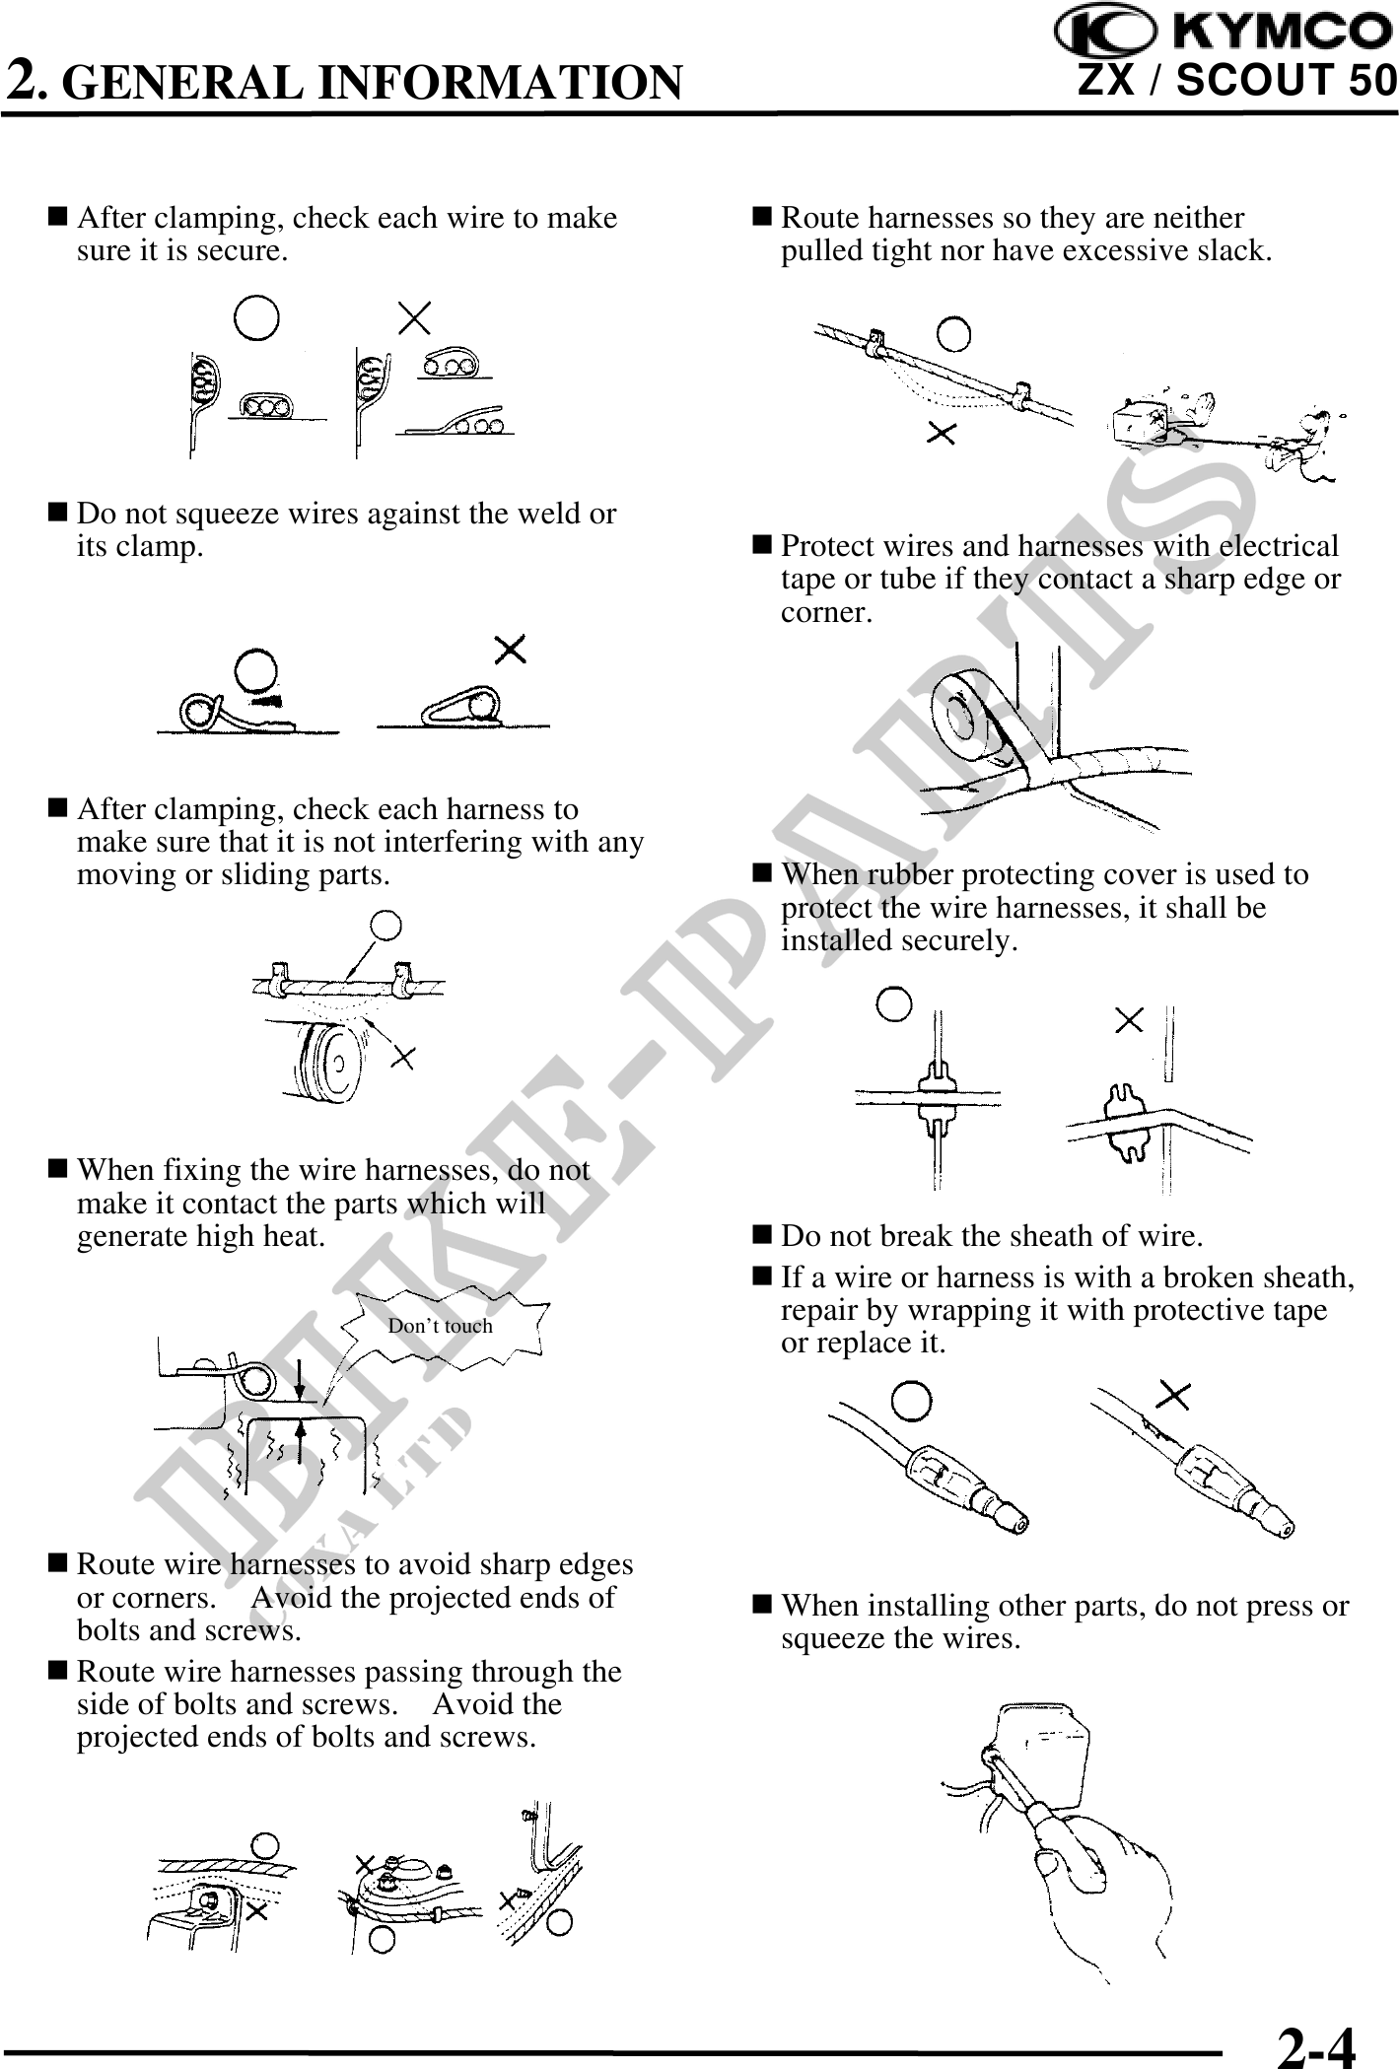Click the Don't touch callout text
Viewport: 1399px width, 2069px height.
click(x=440, y=1326)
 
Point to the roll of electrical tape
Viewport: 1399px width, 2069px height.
click(x=971, y=715)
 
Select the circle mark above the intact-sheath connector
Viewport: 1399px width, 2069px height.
click(x=912, y=1401)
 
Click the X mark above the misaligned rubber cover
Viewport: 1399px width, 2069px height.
click(x=1129, y=1019)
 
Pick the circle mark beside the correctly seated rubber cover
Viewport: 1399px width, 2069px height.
click(x=895, y=1005)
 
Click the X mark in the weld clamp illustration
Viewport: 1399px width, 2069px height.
click(x=510, y=649)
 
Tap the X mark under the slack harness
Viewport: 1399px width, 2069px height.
click(x=943, y=433)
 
